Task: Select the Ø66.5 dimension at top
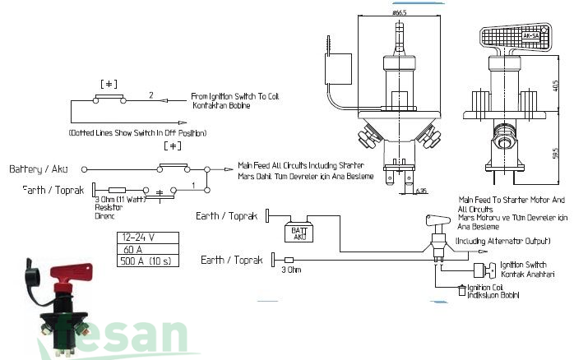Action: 400,12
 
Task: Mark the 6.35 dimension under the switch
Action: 420,190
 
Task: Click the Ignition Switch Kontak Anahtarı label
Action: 527,269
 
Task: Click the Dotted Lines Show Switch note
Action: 137,132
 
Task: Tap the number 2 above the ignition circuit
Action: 150,95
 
